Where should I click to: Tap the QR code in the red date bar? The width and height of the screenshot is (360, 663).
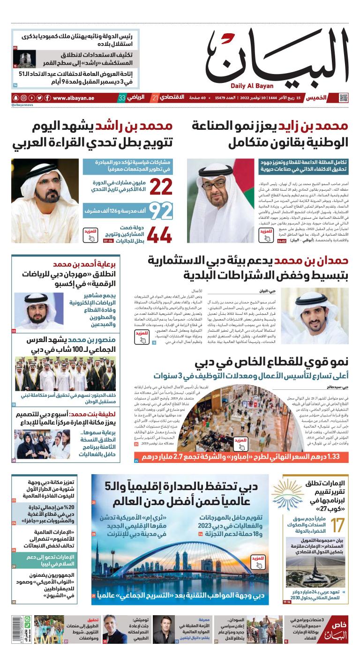(x=344, y=98)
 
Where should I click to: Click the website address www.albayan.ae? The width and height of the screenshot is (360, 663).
(x=74, y=98)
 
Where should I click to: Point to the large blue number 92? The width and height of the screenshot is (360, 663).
(x=160, y=211)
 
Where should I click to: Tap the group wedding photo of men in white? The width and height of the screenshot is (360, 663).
(x=45, y=373)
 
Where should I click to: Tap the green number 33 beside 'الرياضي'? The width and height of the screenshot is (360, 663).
(x=121, y=98)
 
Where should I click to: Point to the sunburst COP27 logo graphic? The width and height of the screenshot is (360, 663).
(x=286, y=494)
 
